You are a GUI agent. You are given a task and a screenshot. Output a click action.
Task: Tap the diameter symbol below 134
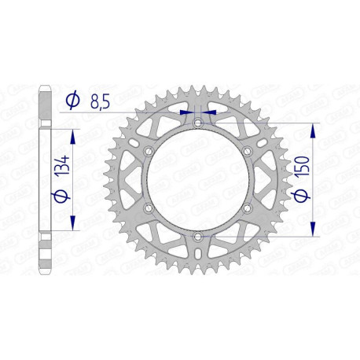pos(64,197)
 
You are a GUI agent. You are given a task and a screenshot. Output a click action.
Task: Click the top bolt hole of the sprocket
pos(197,122)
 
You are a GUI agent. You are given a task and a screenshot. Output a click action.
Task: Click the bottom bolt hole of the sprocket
pos(197,236)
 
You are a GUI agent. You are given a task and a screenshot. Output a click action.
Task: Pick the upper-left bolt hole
pos(148,150)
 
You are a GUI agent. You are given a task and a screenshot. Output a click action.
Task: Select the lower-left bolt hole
pos(148,208)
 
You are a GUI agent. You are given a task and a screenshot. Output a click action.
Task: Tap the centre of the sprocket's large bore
pos(197,179)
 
